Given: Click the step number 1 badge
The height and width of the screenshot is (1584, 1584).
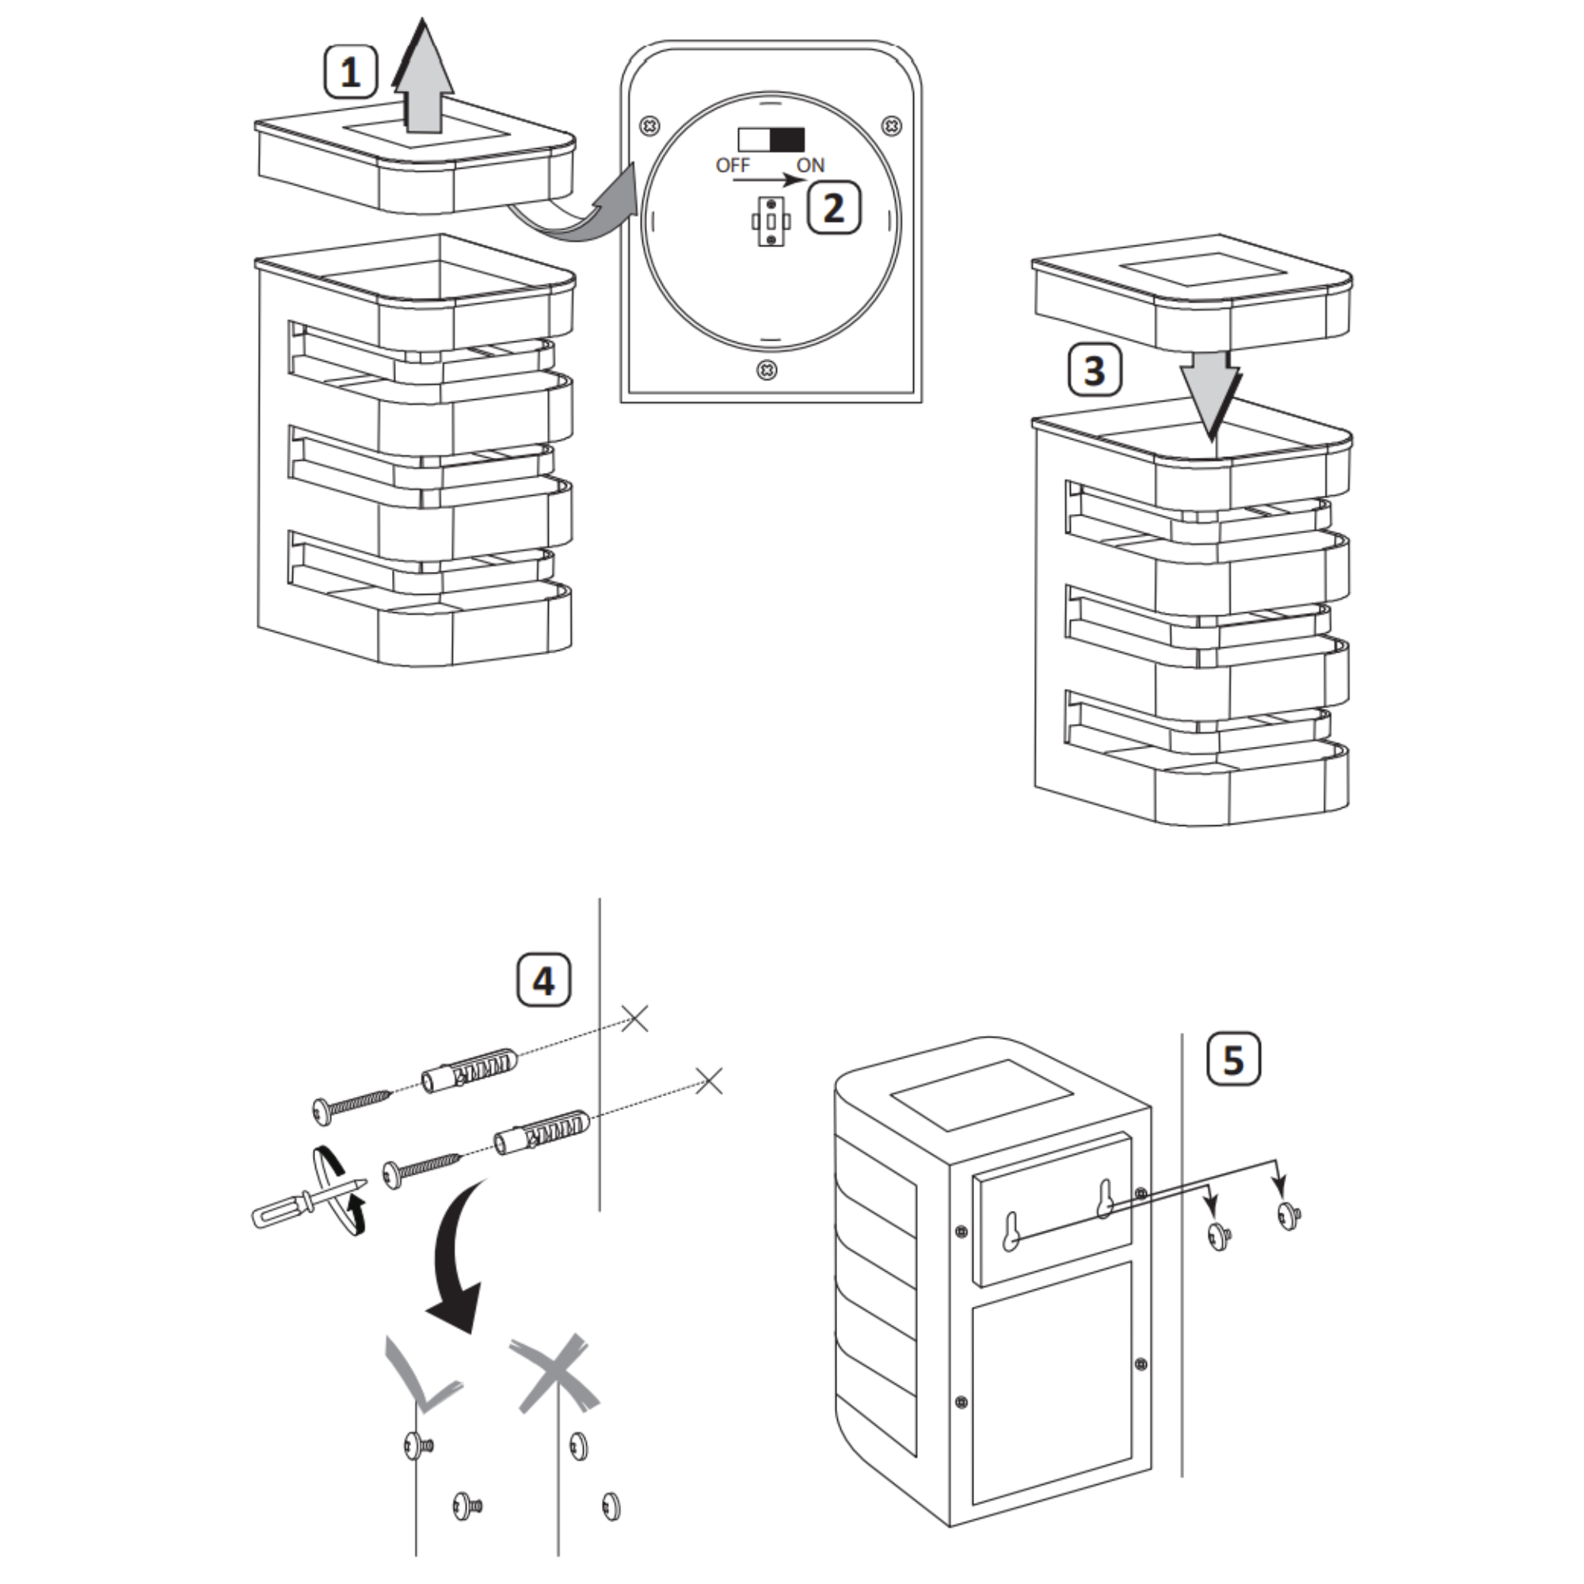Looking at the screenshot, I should (x=350, y=73).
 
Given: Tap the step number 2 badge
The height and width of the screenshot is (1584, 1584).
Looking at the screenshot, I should (x=834, y=208).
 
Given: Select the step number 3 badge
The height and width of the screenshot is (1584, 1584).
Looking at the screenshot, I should (x=1095, y=371).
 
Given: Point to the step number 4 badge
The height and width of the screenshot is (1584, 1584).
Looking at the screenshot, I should (x=543, y=979).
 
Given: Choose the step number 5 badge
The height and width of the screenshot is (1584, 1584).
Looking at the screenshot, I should (x=1234, y=1059).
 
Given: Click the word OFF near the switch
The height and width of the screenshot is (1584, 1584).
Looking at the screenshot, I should (x=732, y=166).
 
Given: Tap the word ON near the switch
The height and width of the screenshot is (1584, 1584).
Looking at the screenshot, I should (x=810, y=166).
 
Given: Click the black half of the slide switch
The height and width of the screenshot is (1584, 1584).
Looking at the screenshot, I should (x=787, y=139).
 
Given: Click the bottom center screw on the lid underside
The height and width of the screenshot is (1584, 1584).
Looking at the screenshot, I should (x=767, y=371).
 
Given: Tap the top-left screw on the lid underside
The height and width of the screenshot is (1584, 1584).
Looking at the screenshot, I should (x=649, y=126).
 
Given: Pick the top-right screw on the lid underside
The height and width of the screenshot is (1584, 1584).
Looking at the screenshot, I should (x=892, y=126).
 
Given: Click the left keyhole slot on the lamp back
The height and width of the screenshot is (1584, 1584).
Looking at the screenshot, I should (x=1011, y=1232).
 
